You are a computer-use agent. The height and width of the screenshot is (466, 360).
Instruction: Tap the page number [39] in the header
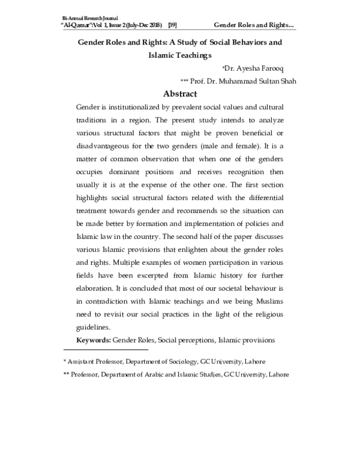172,25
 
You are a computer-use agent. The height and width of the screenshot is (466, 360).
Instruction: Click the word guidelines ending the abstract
93,328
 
